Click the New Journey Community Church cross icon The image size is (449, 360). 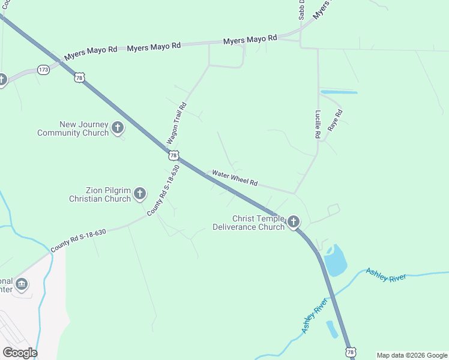coord(118,127)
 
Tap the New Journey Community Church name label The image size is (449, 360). coord(73,128)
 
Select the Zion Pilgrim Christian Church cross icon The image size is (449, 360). coord(140,193)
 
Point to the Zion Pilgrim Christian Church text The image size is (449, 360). coord(100,194)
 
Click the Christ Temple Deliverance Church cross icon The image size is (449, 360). coord(294,222)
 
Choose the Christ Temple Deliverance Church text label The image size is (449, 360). coord(249,223)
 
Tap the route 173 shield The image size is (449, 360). coord(43,70)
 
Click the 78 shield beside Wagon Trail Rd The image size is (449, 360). coord(173,155)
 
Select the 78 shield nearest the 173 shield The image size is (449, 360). coord(79,77)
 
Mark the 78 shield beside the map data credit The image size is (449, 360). coord(351,351)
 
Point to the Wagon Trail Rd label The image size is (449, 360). coord(176,123)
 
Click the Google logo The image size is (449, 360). coord(20,352)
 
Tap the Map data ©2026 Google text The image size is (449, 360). coord(411,355)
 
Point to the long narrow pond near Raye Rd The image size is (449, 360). coord(339,92)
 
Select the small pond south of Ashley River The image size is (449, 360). coord(331,329)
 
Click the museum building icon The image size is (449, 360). coord(22,283)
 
